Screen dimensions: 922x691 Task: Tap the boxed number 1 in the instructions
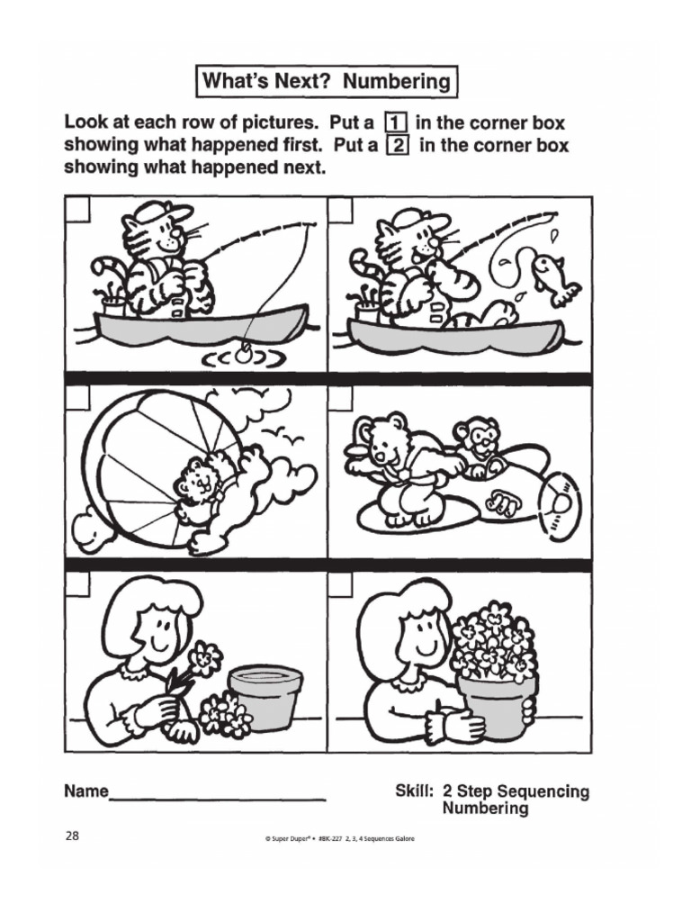tap(394, 122)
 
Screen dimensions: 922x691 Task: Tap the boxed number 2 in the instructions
tap(397, 145)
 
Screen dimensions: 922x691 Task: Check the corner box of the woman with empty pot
tap(77, 583)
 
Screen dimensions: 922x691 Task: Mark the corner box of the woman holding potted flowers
tap(340, 583)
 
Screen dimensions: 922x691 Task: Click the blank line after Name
tap(217, 796)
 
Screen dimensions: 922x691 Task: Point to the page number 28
tap(72, 836)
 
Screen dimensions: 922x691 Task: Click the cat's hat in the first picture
tap(163, 212)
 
